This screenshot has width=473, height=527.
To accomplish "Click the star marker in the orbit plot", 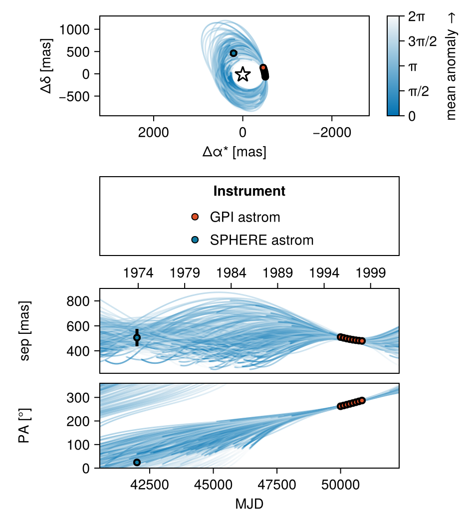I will pyautogui.click(x=242, y=74).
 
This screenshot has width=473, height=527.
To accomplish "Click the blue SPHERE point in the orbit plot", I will pyautogui.click(x=234, y=53).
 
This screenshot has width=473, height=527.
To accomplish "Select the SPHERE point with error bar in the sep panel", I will pyautogui.click(x=137, y=338).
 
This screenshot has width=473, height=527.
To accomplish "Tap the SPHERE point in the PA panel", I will pyautogui.click(x=137, y=462).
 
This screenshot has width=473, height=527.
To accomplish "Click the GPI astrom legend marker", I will pyautogui.click(x=195, y=217).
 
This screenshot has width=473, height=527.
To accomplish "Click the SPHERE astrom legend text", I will pyautogui.click(x=261, y=240).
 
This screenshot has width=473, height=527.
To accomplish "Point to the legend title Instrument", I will pyautogui.click(x=249, y=191).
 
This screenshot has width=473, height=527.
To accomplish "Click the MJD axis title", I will pyautogui.click(x=249, y=504).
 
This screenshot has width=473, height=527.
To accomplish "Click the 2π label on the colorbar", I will pyautogui.click(x=417, y=17).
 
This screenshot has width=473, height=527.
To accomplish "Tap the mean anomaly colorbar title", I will pyautogui.click(x=452, y=66).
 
